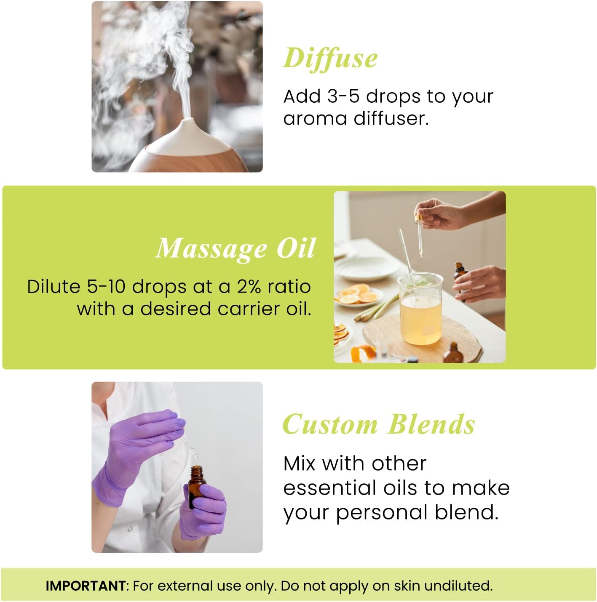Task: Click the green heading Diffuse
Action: [330, 58]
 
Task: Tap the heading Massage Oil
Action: [236, 248]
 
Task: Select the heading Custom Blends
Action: [378, 424]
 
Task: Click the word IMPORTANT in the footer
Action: [85, 586]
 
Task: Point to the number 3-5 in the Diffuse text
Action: [343, 96]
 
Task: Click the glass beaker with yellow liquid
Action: [420, 309]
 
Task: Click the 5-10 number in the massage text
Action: [106, 287]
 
